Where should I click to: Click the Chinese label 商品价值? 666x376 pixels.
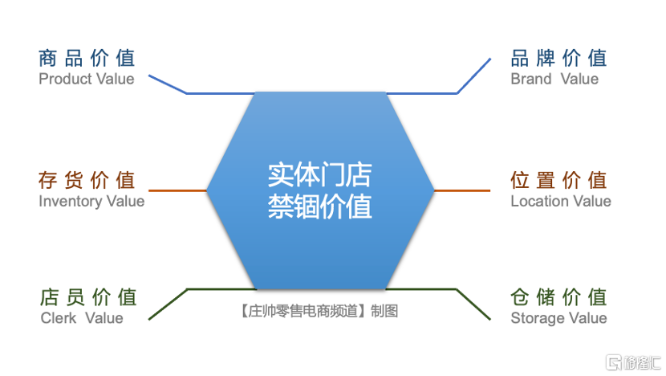coord(87,59)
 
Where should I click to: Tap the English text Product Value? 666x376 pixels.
coord(86,79)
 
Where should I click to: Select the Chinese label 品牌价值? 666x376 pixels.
coord(558,59)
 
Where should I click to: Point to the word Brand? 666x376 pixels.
coord(531,79)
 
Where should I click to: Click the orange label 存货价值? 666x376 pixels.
coord(87,180)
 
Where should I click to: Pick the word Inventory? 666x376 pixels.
coord(71,201)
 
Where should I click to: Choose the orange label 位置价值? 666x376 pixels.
coord(558,180)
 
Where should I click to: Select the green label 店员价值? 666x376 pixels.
coord(88,297)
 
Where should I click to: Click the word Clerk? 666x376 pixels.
coord(59,317)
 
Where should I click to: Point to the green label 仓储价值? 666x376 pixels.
coord(558,297)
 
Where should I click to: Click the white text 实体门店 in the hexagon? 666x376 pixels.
coord(320,175)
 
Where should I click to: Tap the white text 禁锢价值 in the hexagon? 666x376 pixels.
coord(320,206)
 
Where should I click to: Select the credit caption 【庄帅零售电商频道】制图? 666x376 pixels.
coord(319,311)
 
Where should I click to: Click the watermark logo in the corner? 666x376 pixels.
coord(633,363)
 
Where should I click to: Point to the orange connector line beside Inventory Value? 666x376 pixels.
coord(177,190)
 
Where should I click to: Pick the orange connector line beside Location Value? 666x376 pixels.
coord(462,190)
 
